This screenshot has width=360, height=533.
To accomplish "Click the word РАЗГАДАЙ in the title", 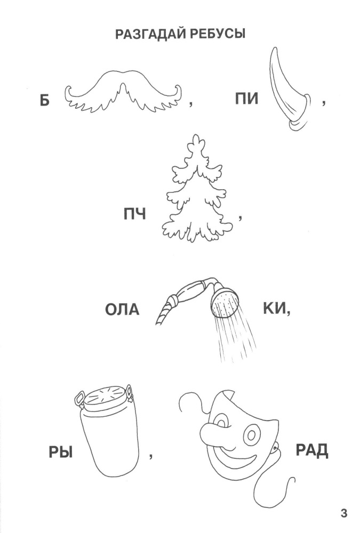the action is pyautogui.click(x=151, y=34).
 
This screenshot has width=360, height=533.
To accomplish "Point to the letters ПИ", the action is pyautogui.click(x=247, y=99).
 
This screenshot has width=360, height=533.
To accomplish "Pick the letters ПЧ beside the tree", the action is pyautogui.click(x=135, y=214).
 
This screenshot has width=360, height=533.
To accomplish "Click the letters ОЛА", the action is pyautogui.click(x=122, y=309).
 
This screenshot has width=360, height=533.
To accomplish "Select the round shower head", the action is pyautogui.click(x=224, y=303).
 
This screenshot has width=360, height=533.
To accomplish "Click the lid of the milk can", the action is pyautogui.click(x=105, y=396).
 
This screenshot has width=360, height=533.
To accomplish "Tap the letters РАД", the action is pyautogui.click(x=311, y=450).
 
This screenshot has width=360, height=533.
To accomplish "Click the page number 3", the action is pyautogui.click(x=343, y=513).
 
